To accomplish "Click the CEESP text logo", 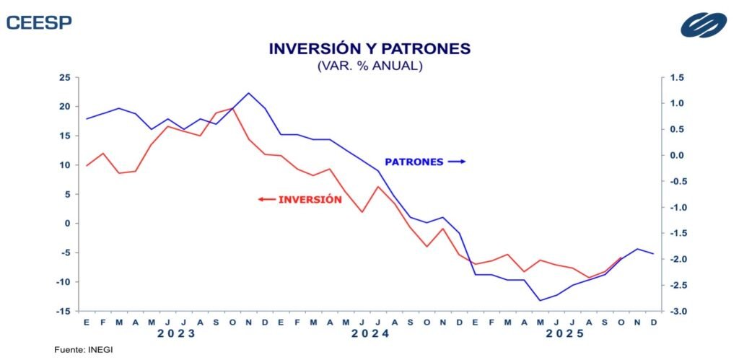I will coord(39,22).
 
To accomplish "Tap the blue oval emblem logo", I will coord(704,24).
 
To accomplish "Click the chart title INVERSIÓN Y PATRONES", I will coord(369,49).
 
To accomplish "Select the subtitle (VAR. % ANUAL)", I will coord(369,66).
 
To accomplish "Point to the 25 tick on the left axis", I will coord(64,77).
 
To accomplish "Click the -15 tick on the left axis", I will coord(63,311).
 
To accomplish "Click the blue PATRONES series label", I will coord(414,162).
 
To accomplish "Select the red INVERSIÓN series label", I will coord(310,199).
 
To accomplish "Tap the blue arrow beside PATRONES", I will coord(456,162).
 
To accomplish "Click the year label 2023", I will coord(177,334).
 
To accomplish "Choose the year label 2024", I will coord(370,334).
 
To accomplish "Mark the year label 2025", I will coord(564,334).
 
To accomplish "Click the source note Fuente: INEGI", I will coord(84,350).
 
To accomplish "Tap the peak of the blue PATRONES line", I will coord(248,93).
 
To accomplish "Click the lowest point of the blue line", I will coord(539,300).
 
